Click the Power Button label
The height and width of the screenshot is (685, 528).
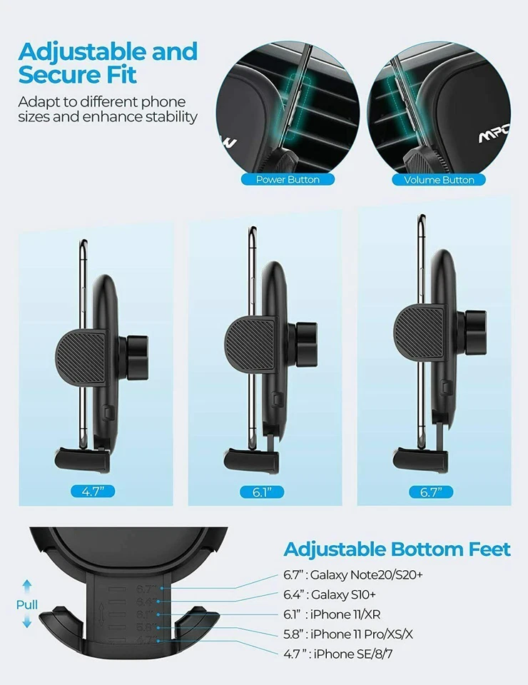pos(288,180)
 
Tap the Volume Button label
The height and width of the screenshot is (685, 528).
pos(439,180)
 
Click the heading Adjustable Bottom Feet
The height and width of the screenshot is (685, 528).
pos(397,549)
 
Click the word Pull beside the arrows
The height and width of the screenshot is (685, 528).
pos(26,605)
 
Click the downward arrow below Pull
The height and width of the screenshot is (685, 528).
pos(26,622)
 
